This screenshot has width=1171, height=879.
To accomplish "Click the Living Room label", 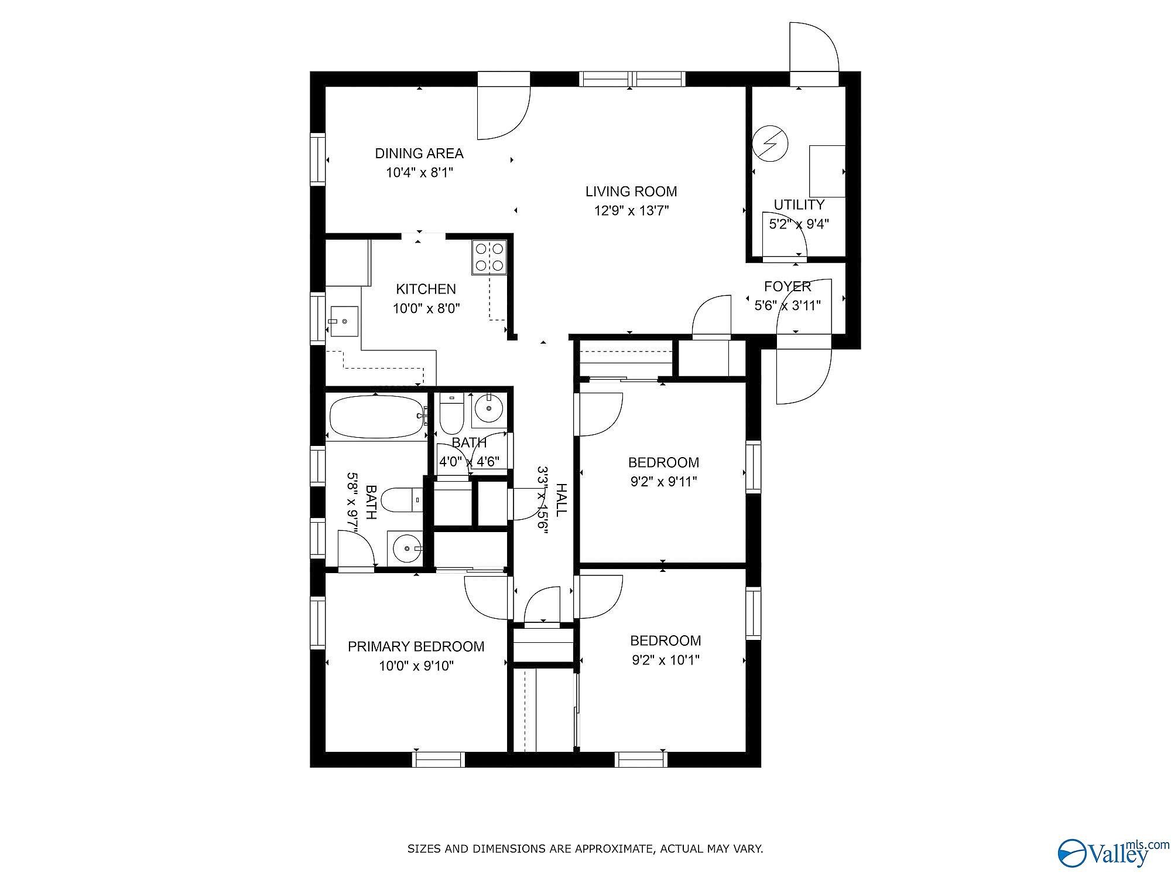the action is pyautogui.click(x=631, y=192).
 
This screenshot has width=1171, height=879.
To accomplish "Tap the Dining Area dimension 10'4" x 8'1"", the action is pyautogui.click(x=419, y=173).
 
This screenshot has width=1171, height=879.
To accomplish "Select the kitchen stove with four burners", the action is pyautogui.click(x=489, y=257).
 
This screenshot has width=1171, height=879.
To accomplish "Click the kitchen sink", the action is pyautogui.click(x=344, y=321).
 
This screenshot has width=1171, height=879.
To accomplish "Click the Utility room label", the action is pyautogui.click(x=799, y=205).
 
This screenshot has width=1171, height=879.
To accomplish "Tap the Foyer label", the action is pyautogui.click(x=787, y=287).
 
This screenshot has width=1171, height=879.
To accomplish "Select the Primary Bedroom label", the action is pyautogui.click(x=416, y=646).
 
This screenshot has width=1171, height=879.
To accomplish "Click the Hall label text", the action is pyautogui.click(x=560, y=500).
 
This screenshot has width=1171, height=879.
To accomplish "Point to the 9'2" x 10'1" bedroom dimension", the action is pyautogui.click(x=666, y=660).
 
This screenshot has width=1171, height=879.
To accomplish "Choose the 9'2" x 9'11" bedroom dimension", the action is pyautogui.click(x=663, y=482).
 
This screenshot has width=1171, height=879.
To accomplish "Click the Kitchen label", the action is pyautogui.click(x=426, y=289).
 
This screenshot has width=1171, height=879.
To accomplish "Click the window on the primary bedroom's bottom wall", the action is pyautogui.click(x=439, y=759).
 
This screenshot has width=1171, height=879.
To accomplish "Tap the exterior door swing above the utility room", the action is pyautogui.click(x=814, y=47).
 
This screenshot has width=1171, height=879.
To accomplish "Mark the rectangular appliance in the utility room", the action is pyautogui.click(x=827, y=171).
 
